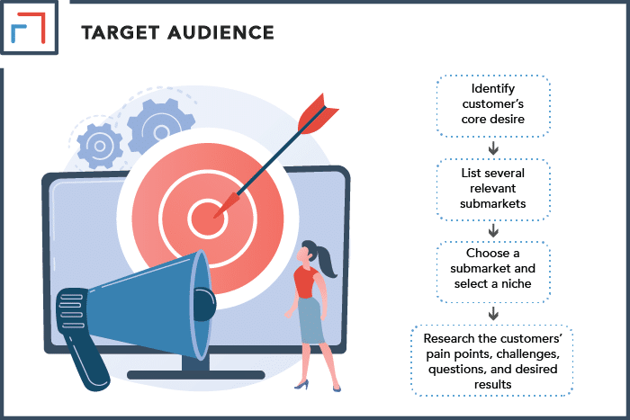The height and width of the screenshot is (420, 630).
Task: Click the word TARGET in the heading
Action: point(121,32)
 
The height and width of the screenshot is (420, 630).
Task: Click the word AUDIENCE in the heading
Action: point(221,32)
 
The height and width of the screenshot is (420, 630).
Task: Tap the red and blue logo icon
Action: point(28,27)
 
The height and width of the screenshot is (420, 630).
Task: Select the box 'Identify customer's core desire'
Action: point(493,105)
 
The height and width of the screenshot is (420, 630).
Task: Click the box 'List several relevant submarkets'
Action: point(493,190)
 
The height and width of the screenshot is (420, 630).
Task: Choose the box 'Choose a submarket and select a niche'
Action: point(493,272)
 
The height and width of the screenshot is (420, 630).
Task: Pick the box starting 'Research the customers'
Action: point(492,361)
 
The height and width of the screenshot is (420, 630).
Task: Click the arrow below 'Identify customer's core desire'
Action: point(493,148)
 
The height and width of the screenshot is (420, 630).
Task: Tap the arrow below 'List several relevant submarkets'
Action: point(493,231)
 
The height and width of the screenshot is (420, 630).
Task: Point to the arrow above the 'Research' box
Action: point(493,313)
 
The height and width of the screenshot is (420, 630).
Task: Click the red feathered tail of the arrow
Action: point(318,114)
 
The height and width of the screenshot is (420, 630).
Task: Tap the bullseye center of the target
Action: point(207,219)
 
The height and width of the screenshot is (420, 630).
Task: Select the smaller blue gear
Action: point(100,146)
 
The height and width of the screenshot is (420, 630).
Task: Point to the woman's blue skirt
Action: point(310,320)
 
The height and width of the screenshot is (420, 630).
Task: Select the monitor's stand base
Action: point(195,375)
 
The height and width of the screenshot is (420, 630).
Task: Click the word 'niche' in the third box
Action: point(516,283)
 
